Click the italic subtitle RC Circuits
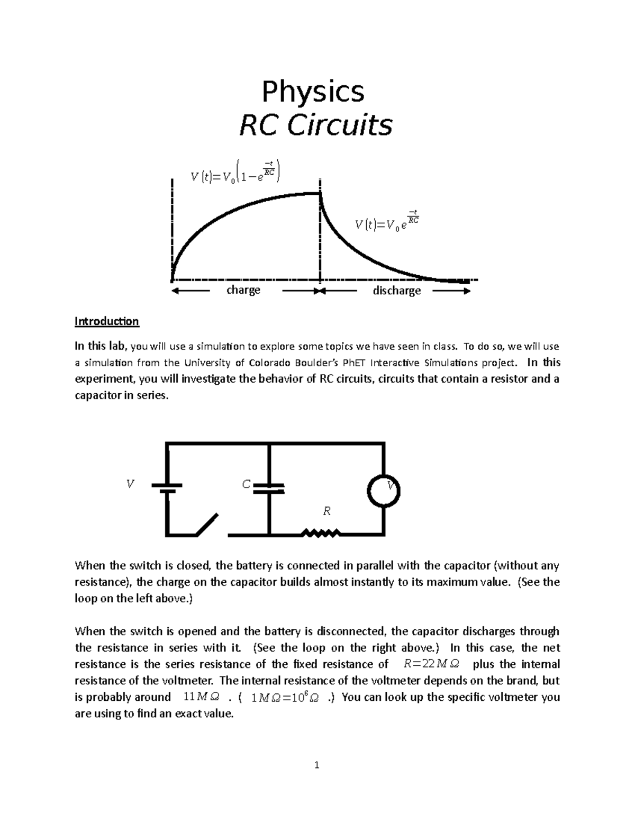pyautogui.click(x=315, y=125)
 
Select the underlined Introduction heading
pyautogui.click(x=106, y=321)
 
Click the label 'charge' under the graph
pyautogui.click(x=243, y=290)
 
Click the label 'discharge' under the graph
pyautogui.click(x=397, y=291)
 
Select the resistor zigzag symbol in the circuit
pyautogui.click(x=321, y=533)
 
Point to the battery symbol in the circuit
pyautogui.click(x=167, y=488)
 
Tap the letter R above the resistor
pyautogui.click(x=327, y=511)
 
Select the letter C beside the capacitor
pyautogui.click(x=246, y=484)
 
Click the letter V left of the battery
pyautogui.click(x=130, y=484)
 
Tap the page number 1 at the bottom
pyautogui.click(x=317, y=765)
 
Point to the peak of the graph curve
pyautogui.click(x=320, y=194)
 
